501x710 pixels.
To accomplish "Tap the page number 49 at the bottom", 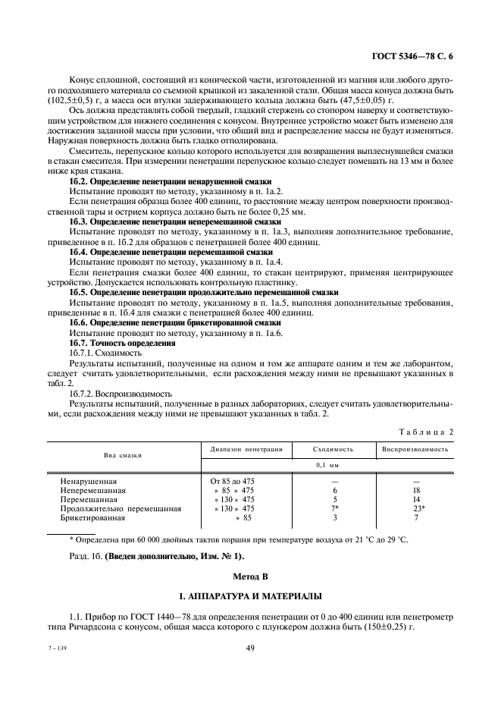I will pos(250,647).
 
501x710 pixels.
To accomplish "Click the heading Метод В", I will pos(249,574).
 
